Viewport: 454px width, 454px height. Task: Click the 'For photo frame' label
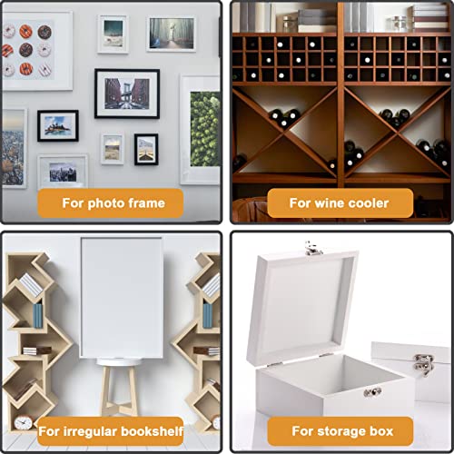(x=111, y=203)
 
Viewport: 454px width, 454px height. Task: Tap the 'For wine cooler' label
(x=340, y=203)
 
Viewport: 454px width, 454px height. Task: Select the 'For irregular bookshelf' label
(x=111, y=431)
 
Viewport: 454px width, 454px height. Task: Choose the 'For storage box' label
(x=340, y=431)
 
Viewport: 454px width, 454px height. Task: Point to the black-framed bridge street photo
(x=127, y=94)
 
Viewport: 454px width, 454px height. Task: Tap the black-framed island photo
(x=58, y=126)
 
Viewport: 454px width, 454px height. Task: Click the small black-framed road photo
(x=146, y=149)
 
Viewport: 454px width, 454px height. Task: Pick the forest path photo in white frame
(x=172, y=34)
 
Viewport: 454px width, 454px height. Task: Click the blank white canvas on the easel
(x=122, y=298)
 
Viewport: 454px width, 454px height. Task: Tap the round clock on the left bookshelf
(x=24, y=422)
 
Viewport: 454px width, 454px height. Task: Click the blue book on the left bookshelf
(x=38, y=316)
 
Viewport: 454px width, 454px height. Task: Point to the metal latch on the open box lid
(x=313, y=249)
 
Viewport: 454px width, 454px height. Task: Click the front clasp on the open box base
(x=372, y=392)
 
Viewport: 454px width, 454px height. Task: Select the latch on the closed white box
(x=423, y=365)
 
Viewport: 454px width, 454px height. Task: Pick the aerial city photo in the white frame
(x=15, y=148)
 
